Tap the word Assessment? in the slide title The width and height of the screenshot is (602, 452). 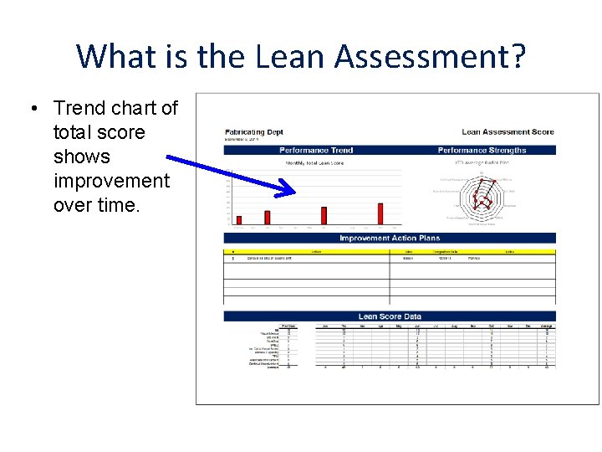[431, 57]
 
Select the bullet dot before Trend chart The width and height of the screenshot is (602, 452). [32, 109]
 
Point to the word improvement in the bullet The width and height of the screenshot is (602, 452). [111, 181]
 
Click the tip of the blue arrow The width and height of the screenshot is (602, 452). [295, 193]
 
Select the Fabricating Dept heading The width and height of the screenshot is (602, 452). [253, 132]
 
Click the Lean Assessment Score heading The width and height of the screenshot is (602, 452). [508, 132]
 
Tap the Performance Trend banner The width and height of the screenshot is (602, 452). [316, 151]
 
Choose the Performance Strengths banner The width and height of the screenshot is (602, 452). [482, 151]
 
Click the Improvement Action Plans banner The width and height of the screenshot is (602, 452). [389, 239]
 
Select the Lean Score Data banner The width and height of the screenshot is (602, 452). [390, 316]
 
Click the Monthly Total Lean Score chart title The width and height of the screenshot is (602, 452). [314, 163]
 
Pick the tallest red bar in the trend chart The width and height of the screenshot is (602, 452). [380, 214]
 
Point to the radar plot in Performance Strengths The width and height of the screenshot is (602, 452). [482, 197]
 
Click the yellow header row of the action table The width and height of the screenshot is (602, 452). [389, 251]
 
